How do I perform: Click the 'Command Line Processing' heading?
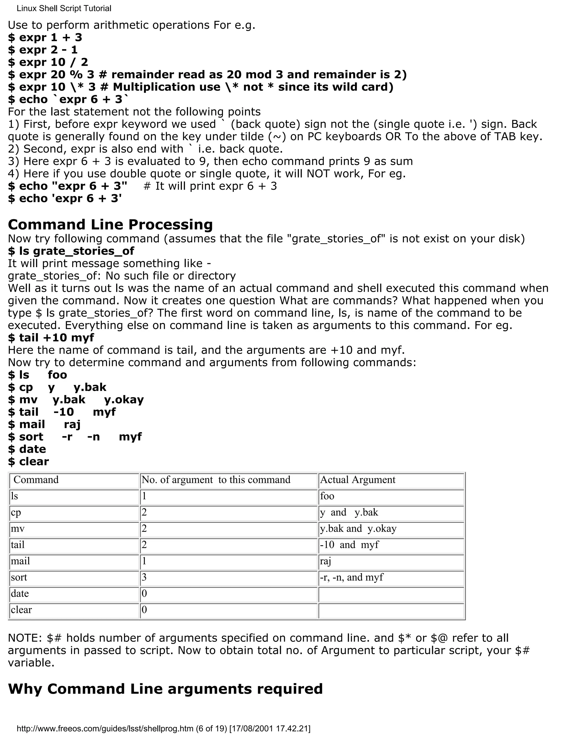(x=110, y=224)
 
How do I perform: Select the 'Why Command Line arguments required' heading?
(x=165, y=689)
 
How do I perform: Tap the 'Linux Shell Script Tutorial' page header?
(x=64, y=8)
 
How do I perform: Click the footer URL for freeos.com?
(x=163, y=729)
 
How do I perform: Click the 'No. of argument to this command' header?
(x=216, y=480)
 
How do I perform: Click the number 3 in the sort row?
(x=144, y=577)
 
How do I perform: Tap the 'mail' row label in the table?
(x=20, y=561)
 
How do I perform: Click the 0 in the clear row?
(x=144, y=610)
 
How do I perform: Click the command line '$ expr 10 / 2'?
(x=48, y=62)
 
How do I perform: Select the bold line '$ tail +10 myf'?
(x=51, y=338)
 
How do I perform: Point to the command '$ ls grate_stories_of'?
(x=71, y=251)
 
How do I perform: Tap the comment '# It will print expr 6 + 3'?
(x=210, y=186)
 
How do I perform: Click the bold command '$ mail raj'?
(x=44, y=424)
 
